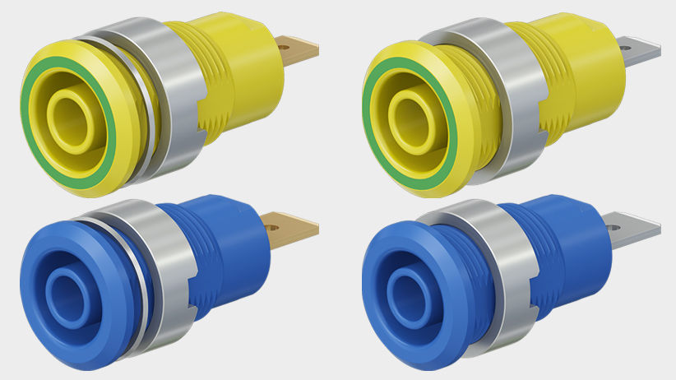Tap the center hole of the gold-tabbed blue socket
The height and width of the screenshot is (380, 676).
tap(64, 288)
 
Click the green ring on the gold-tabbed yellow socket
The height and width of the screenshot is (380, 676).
tap(34, 156)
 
